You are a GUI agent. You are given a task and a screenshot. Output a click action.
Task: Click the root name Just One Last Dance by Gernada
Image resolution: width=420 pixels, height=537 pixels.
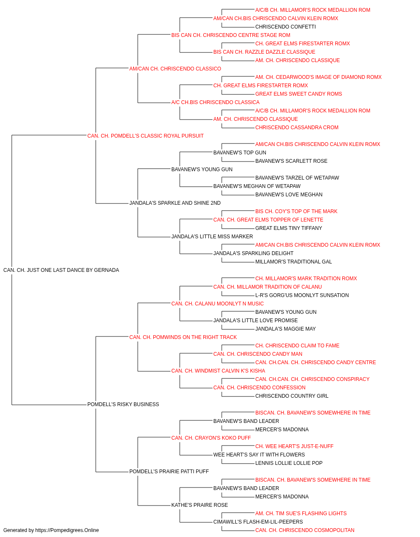(61, 270)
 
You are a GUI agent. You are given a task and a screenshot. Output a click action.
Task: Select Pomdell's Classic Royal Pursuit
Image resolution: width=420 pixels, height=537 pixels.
(145, 136)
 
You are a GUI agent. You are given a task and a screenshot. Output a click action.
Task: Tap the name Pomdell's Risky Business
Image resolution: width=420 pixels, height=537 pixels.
(123, 404)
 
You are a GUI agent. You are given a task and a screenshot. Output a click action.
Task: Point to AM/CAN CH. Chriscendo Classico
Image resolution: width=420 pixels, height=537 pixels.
(175, 69)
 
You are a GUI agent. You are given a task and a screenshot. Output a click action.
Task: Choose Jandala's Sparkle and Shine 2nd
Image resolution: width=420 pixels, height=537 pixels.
(175, 203)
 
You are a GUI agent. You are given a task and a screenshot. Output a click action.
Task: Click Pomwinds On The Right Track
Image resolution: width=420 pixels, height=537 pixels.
(183, 337)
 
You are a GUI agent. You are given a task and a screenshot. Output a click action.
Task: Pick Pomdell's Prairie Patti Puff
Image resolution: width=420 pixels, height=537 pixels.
(169, 471)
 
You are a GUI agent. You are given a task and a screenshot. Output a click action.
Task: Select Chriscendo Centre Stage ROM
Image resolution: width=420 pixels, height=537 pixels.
(231, 35)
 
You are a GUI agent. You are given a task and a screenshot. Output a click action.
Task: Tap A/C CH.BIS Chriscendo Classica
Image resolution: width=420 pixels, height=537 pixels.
(215, 102)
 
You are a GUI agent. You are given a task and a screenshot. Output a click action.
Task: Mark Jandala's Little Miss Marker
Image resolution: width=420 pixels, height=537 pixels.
(212, 237)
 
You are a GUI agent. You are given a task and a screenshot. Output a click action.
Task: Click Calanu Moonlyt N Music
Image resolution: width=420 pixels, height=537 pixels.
(218, 303)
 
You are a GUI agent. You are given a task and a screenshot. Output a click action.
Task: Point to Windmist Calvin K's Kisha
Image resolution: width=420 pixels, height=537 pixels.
(218, 371)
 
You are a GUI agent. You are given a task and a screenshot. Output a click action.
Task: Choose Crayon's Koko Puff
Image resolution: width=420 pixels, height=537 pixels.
(211, 438)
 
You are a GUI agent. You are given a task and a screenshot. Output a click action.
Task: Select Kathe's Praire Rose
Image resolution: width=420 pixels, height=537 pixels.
(199, 505)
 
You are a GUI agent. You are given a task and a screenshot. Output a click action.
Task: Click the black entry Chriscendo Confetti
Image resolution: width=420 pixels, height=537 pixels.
(286, 27)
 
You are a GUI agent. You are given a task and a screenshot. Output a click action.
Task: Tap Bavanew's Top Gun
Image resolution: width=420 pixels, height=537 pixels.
(240, 152)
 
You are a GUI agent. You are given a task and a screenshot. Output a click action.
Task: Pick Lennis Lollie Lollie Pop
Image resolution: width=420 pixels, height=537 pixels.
(289, 463)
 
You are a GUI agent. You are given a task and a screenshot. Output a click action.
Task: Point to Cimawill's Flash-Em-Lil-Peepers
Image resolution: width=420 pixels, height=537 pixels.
(258, 521)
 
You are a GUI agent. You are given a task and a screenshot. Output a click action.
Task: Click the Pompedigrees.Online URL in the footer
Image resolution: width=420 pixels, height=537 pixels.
(67, 530)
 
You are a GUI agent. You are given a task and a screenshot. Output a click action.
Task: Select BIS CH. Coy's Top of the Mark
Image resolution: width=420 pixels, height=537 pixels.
(297, 211)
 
